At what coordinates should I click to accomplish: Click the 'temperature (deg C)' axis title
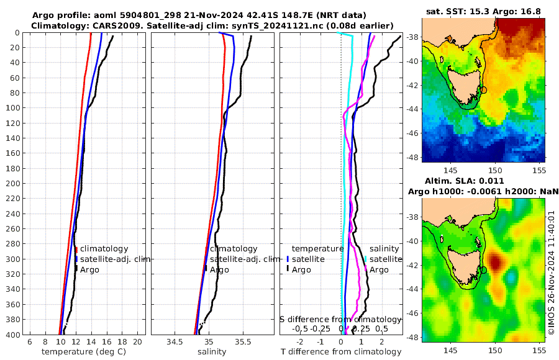(83, 352)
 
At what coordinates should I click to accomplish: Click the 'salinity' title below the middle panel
(212, 352)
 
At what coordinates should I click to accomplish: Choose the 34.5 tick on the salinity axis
(175, 342)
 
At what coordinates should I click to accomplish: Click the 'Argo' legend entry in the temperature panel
(89, 269)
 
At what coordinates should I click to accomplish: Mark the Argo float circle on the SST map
(484, 90)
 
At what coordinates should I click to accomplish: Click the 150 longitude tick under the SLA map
(495, 349)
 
